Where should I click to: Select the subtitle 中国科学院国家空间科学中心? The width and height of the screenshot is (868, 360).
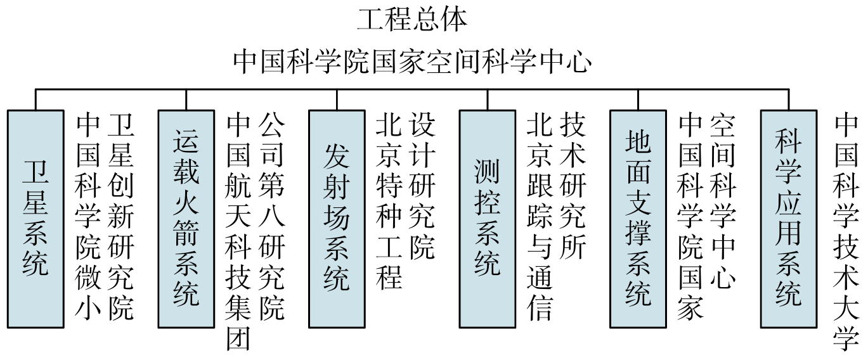point(411,63)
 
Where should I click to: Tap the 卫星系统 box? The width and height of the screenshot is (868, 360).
point(36,218)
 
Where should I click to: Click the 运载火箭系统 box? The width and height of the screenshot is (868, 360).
point(186,218)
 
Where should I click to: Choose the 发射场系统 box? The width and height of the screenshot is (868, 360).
point(336,218)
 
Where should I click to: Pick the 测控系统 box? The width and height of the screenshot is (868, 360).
point(487,218)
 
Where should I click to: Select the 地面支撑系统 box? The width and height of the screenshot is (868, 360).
point(638,218)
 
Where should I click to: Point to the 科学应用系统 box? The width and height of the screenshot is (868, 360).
point(788,218)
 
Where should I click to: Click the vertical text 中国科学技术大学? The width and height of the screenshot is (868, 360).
point(847,231)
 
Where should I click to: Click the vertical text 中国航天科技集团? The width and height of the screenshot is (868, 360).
point(240,231)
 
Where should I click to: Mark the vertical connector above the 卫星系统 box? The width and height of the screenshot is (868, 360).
point(36,100)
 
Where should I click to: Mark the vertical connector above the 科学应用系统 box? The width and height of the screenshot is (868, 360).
point(788,100)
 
